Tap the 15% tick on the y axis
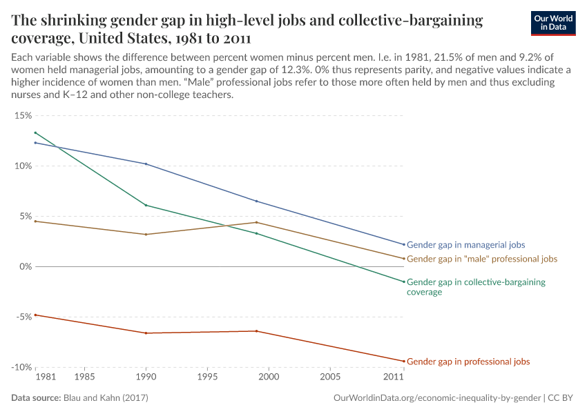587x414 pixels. pyautogui.click(x=22, y=115)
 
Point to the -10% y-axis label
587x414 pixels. pyautogui.click(x=21, y=367)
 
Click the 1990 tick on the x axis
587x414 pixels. pyautogui.click(x=145, y=377)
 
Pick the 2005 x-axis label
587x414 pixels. pyautogui.click(x=330, y=377)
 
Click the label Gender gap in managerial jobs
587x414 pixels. pyautogui.click(x=465, y=245)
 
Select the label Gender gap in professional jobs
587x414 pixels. pyautogui.click(x=468, y=362)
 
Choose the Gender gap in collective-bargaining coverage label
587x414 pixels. pyautogui.click(x=476, y=286)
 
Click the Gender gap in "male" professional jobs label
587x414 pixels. pyautogui.click(x=481, y=259)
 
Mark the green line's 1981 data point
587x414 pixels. pyautogui.click(x=35, y=132)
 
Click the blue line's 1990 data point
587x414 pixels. pyautogui.click(x=145, y=164)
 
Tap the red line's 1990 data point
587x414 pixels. pyautogui.click(x=145, y=333)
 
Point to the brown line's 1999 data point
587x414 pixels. pyautogui.click(x=256, y=222)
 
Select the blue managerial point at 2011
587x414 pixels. pyautogui.click(x=404, y=244)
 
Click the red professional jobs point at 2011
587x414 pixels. pyautogui.click(x=404, y=361)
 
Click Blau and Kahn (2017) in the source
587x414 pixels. pyautogui.click(x=106, y=398)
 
